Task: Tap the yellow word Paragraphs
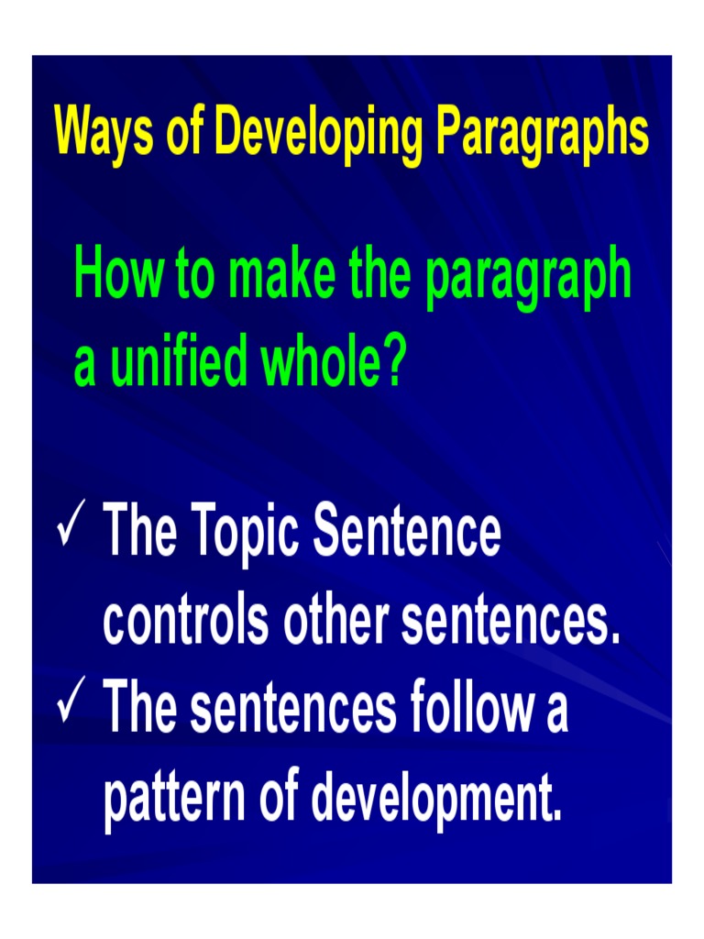[x=543, y=134]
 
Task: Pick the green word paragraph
[x=528, y=278]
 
